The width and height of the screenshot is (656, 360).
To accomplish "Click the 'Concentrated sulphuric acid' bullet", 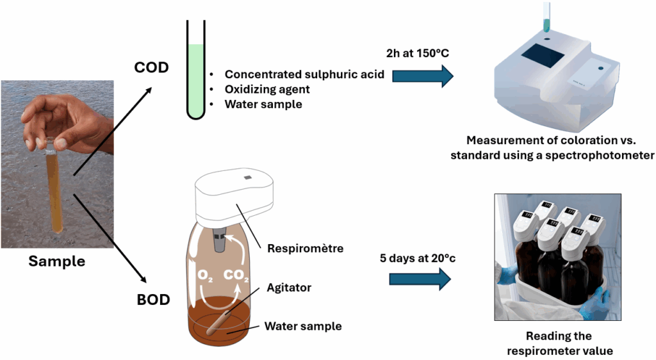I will click(304, 74).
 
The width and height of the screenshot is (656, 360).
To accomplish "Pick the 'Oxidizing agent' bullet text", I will click(267, 89).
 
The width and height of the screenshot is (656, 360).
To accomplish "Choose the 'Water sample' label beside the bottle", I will click(303, 326).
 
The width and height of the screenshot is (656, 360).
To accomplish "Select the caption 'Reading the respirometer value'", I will click(559, 343).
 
